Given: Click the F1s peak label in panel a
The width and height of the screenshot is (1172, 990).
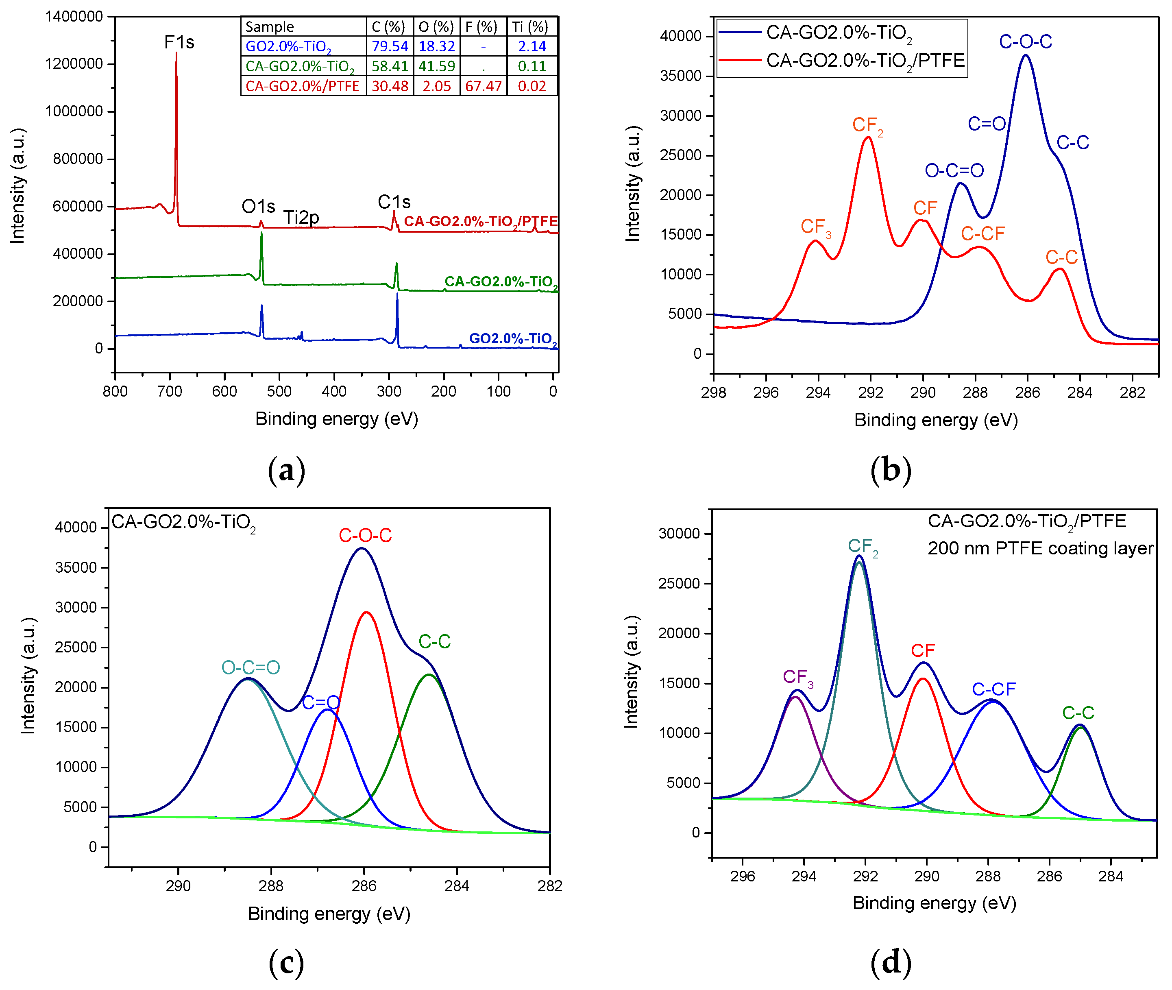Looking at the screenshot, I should click(179, 42).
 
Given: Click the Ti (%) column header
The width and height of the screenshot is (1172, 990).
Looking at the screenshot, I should click(530, 27).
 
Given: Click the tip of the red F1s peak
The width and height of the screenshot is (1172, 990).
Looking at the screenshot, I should click(176, 53).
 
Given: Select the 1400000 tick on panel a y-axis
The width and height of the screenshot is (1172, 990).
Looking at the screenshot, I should click(74, 17).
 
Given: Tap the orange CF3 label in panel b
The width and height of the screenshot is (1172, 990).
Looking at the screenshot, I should click(815, 227).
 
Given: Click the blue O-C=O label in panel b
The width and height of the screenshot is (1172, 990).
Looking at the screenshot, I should click(954, 170).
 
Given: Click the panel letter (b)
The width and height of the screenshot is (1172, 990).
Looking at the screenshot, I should click(890, 470).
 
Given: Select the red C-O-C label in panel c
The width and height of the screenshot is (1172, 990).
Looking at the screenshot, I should click(365, 535).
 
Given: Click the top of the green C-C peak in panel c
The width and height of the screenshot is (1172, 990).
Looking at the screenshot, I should click(429, 675).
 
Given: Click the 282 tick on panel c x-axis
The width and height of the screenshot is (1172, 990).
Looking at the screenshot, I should click(549, 885).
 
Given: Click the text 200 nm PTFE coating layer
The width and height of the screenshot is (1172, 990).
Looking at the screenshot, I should click(1040, 548).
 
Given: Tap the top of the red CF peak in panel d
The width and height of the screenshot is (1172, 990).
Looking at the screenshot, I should click(923, 679).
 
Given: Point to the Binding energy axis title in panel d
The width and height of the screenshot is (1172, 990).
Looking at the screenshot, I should click(934, 903).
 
